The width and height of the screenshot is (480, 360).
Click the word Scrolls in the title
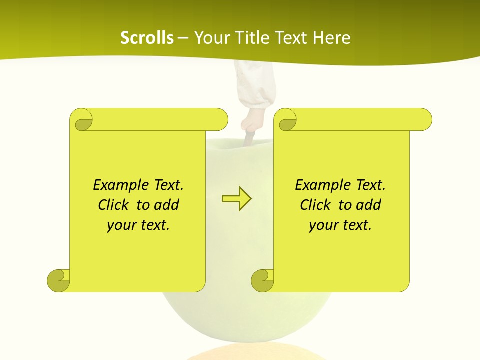pos(147,38)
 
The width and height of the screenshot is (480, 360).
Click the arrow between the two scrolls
pos(236,199)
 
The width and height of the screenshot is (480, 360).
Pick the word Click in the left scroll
pos(114,205)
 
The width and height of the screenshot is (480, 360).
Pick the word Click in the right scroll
pos(316,205)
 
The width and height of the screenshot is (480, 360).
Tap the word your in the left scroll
pos(121,226)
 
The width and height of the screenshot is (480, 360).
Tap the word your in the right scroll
pos(323,226)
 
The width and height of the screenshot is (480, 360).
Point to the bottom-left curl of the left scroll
pos(59,280)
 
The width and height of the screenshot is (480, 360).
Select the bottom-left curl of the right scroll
pos(263,280)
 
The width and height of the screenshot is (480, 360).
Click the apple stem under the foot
pos(249,139)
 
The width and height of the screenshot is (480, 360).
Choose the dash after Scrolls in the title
pos(183,38)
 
